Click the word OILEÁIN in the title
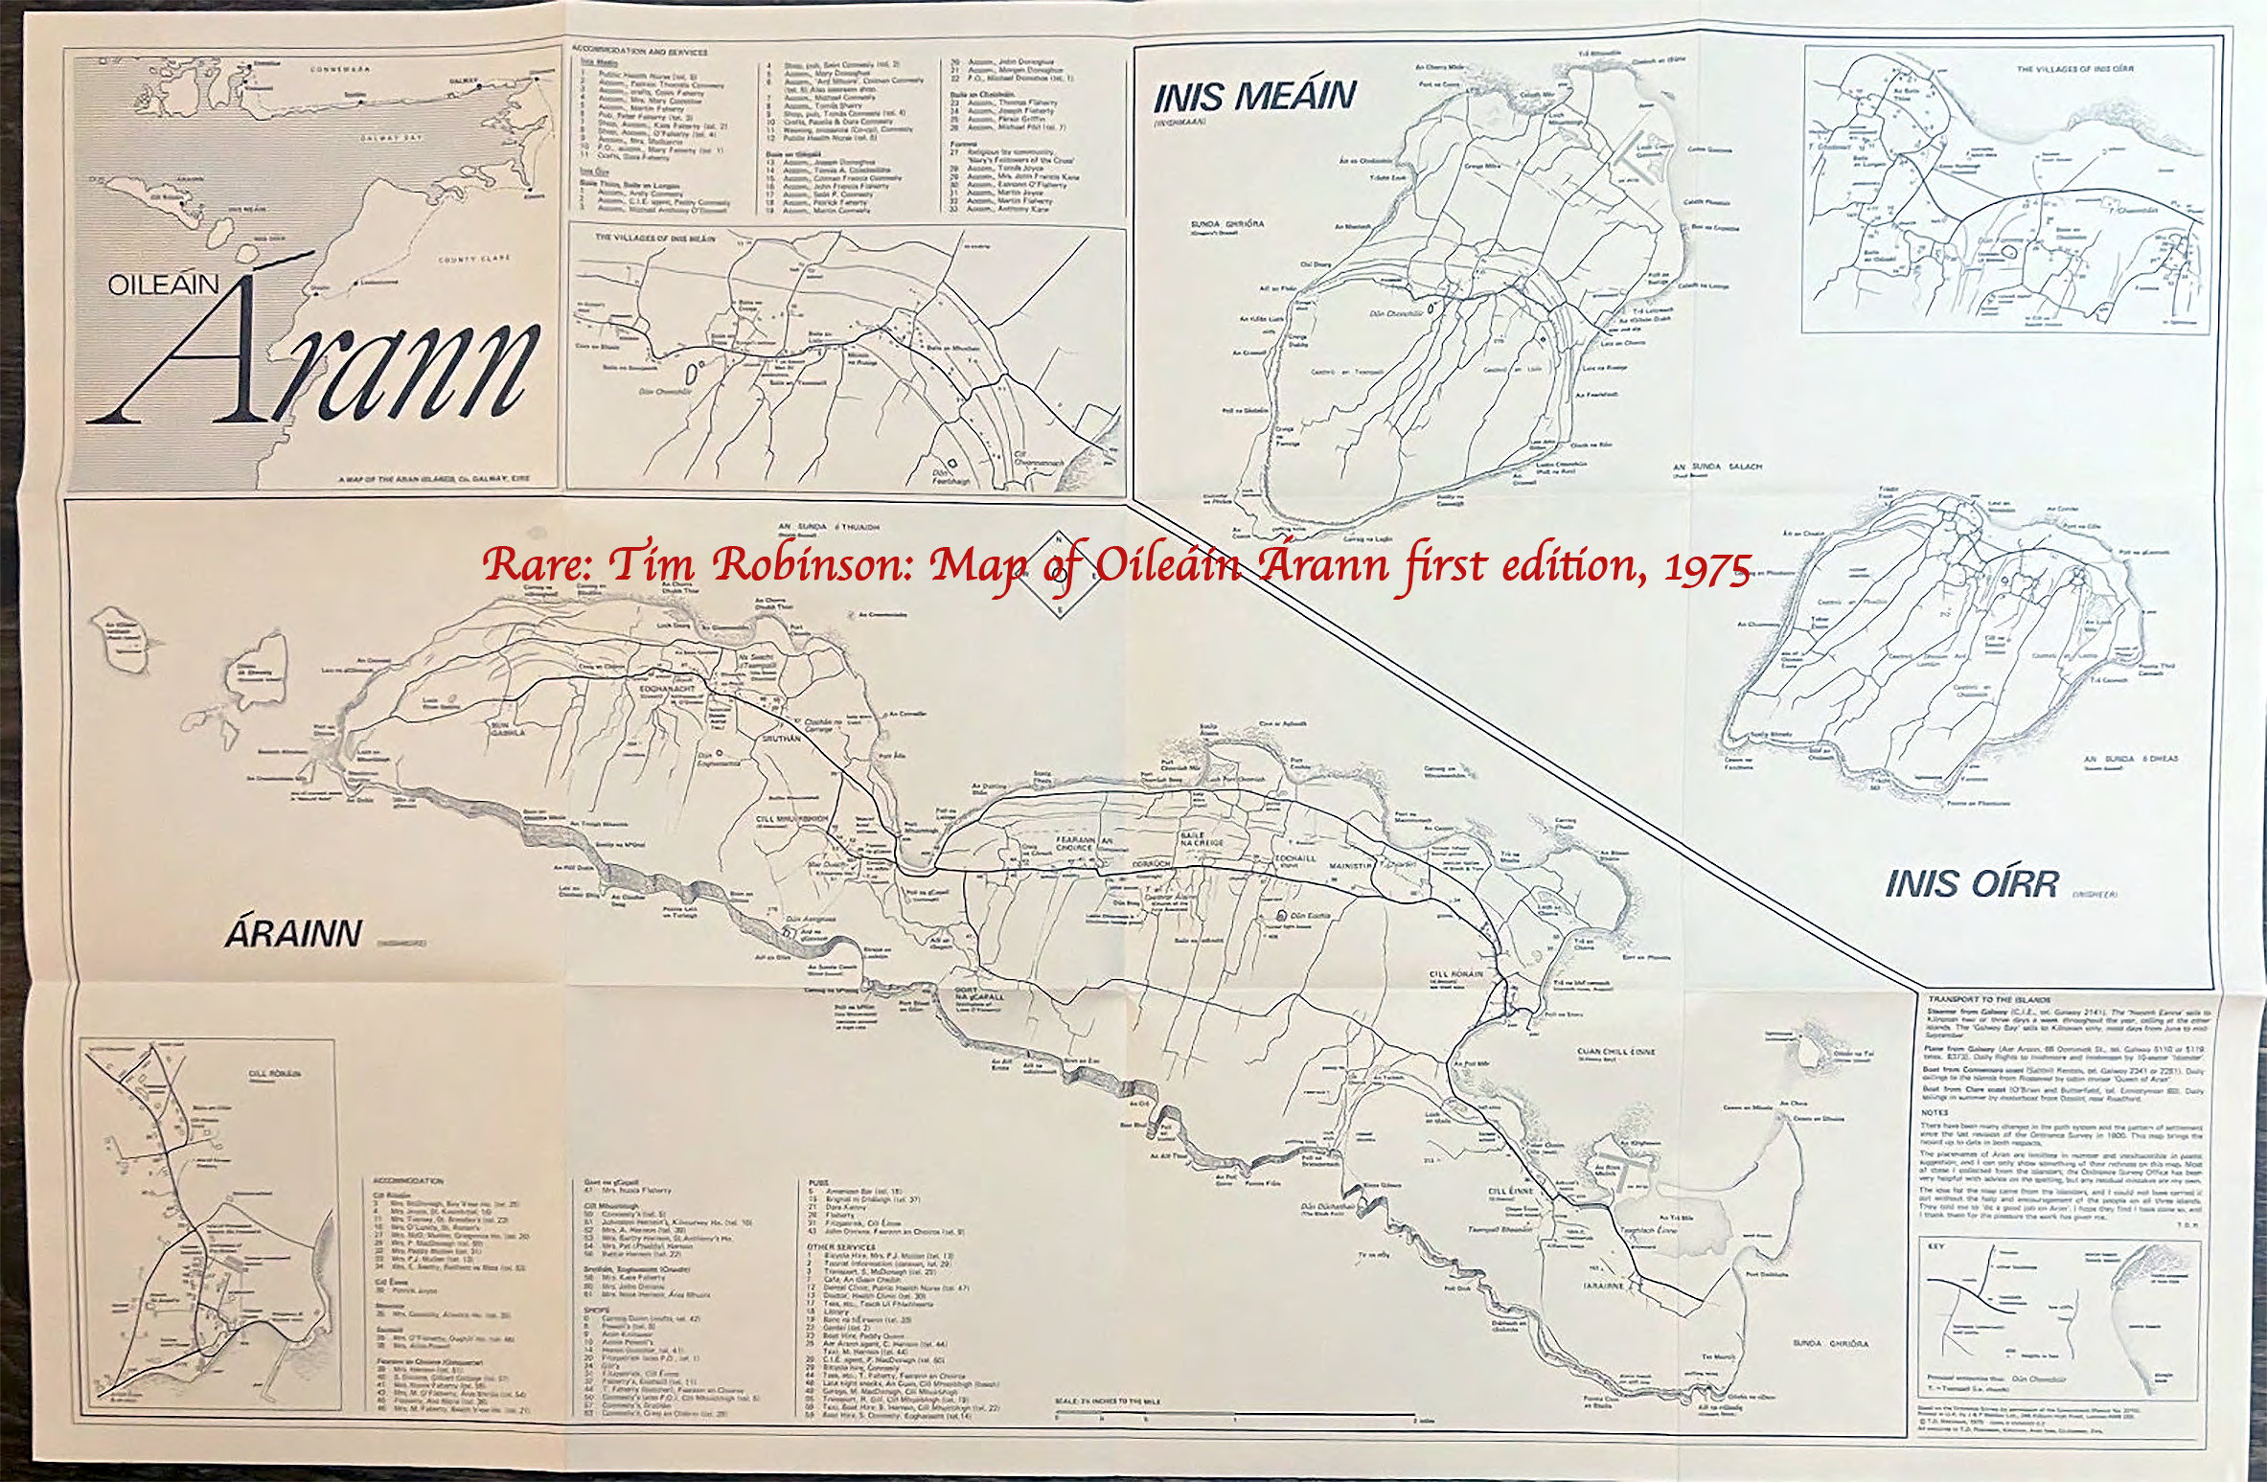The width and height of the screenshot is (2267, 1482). [x=164, y=285]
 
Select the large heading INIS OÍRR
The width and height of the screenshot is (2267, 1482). [x=1972, y=884]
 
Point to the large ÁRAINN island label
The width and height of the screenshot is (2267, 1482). [x=294, y=934]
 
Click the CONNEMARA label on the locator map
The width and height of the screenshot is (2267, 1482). [x=340, y=70]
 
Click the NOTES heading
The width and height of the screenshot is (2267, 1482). [x=1935, y=1112]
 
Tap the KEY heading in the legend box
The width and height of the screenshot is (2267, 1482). [x=1937, y=1247]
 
